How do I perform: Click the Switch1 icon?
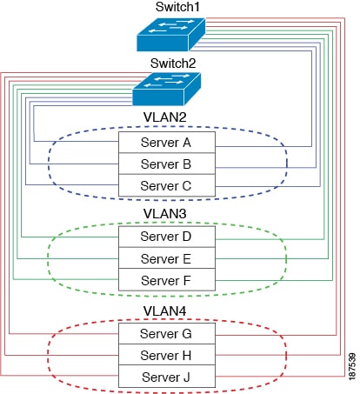click(x=171, y=35)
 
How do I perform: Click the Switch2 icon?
click(x=167, y=89)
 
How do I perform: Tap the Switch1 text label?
click(x=177, y=7)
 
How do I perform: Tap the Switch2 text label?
click(x=173, y=63)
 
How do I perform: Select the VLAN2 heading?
click(x=164, y=117)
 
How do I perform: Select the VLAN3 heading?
click(x=164, y=214)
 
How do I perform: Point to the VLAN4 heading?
click(x=164, y=311)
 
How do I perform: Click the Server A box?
click(x=167, y=143)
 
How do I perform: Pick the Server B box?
click(x=167, y=164)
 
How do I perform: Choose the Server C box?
click(x=167, y=185)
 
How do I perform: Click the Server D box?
click(x=167, y=237)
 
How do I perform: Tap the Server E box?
click(x=167, y=258)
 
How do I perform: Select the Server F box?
click(x=167, y=280)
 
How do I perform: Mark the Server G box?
click(x=167, y=334)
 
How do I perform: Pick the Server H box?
click(x=167, y=355)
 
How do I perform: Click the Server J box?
click(x=167, y=377)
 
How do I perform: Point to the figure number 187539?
click(x=352, y=366)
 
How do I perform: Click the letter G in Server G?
click(x=186, y=334)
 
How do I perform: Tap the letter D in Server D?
click(x=186, y=237)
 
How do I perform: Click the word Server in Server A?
click(x=160, y=143)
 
